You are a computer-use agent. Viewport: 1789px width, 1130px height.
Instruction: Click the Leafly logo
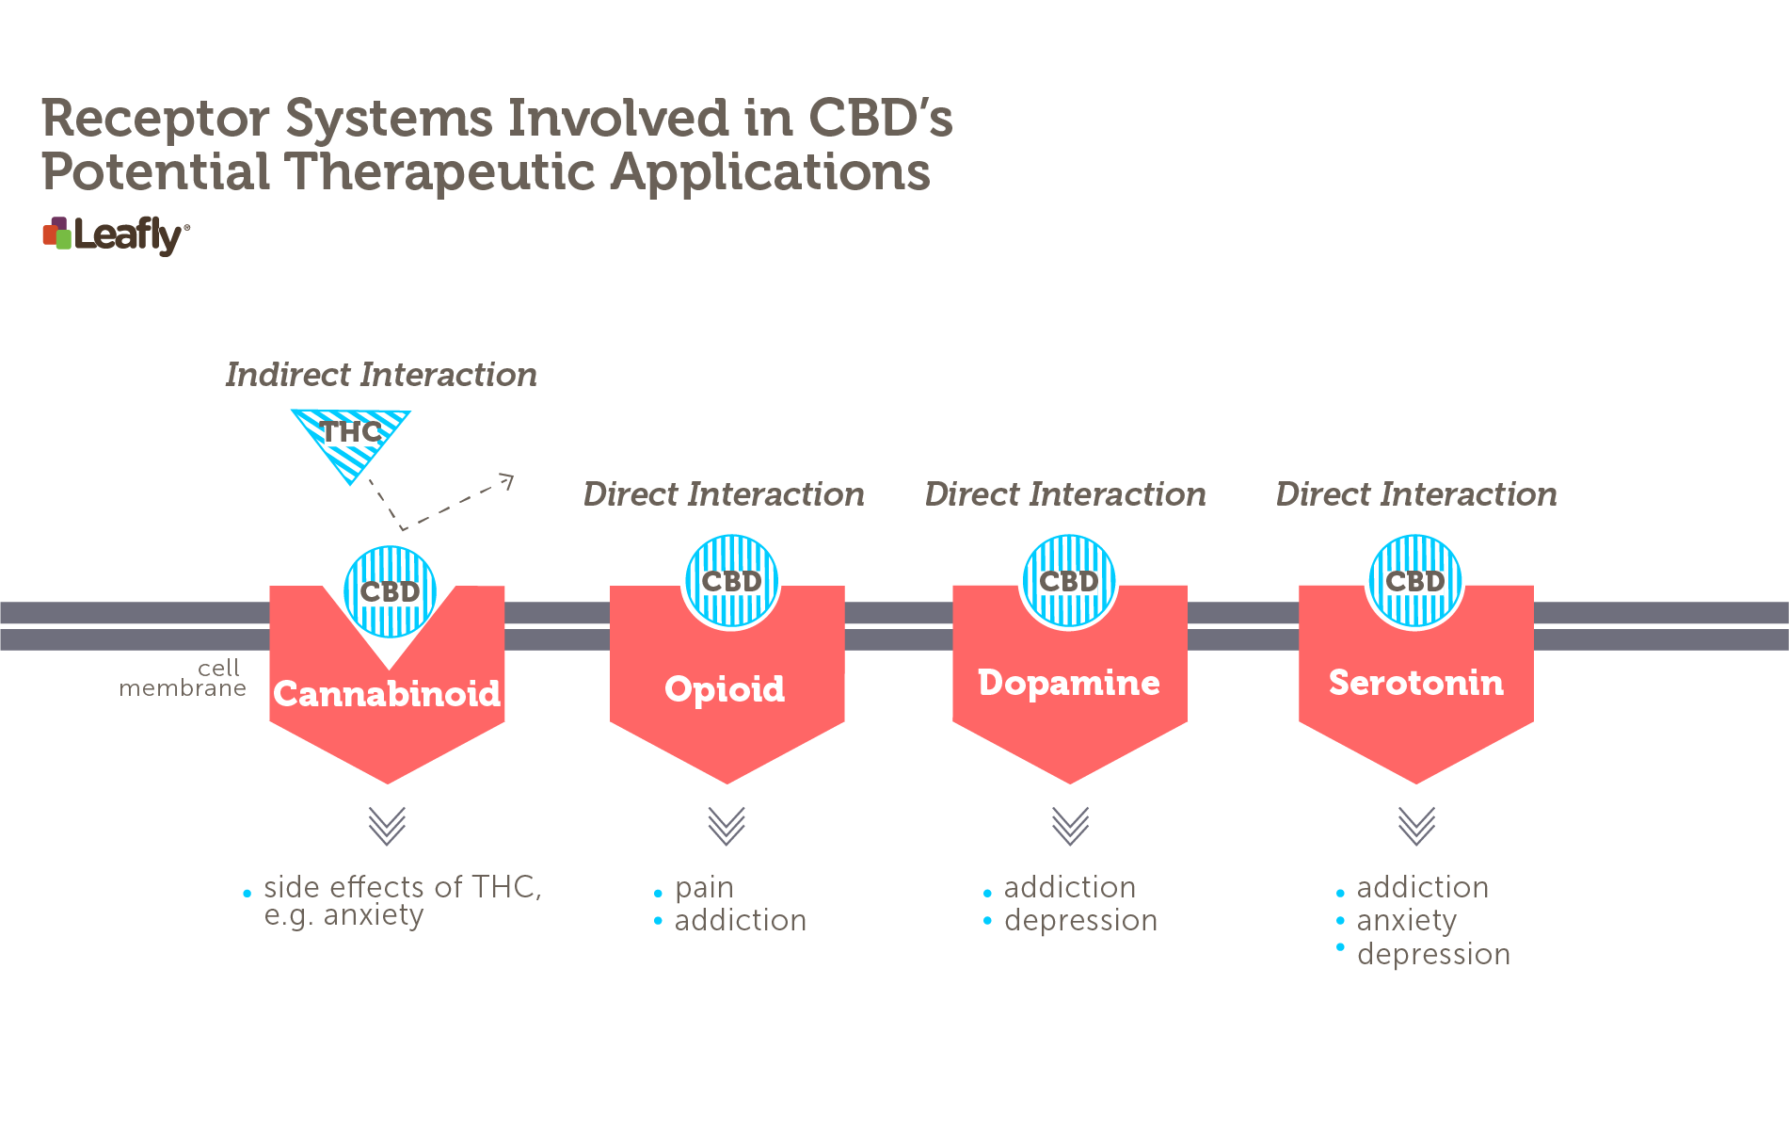coord(116,235)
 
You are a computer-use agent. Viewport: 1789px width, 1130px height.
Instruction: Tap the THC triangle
coord(351,439)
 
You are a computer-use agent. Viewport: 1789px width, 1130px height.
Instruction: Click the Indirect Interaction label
coord(381,375)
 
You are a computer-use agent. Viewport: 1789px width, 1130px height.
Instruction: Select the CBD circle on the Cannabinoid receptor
coord(390,592)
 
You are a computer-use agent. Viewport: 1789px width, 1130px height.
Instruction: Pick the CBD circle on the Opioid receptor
coord(731,582)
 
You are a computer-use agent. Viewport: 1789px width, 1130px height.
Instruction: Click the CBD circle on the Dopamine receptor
coord(1069,582)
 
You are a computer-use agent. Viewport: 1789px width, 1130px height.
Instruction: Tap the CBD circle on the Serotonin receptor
coord(1415,582)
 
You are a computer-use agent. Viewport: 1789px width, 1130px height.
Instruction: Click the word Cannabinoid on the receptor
coord(387,694)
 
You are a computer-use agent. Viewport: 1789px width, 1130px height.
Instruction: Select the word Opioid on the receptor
coord(725,689)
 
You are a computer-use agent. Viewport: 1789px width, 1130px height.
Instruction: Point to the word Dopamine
coord(1069,683)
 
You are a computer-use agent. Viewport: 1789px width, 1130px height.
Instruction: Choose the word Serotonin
coord(1416,683)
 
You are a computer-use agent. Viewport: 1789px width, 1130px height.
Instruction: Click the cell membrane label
coord(183,678)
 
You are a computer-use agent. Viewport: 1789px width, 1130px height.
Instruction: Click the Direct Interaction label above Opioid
coord(724,494)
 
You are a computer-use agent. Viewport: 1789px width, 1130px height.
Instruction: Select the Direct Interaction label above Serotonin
coord(1416,494)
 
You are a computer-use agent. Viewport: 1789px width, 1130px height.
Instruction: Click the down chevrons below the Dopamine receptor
coord(1070,826)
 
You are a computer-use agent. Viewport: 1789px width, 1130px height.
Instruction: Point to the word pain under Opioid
coord(704,888)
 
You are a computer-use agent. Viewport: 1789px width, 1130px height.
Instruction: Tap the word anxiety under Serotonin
coord(1407,921)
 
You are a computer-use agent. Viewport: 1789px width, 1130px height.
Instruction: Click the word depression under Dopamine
coord(1080,921)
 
